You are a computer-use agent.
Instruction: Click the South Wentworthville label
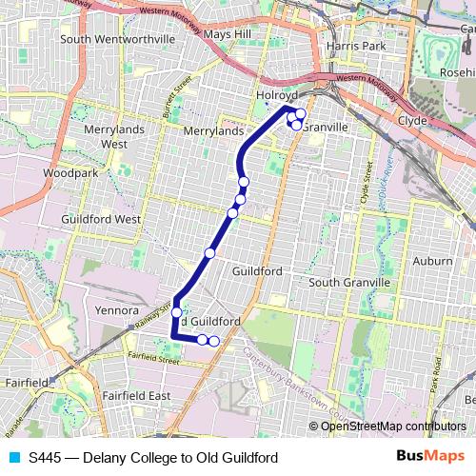118,40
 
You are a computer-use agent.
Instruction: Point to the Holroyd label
277,96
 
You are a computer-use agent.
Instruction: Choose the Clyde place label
412,121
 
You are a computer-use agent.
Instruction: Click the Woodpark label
70,174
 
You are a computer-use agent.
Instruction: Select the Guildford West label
101,218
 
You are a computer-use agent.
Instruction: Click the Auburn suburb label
433,260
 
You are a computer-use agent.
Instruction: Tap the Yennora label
118,309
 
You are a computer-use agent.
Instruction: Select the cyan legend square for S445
13,457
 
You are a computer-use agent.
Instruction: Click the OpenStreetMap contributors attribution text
392,426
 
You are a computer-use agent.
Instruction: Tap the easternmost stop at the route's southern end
214,341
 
